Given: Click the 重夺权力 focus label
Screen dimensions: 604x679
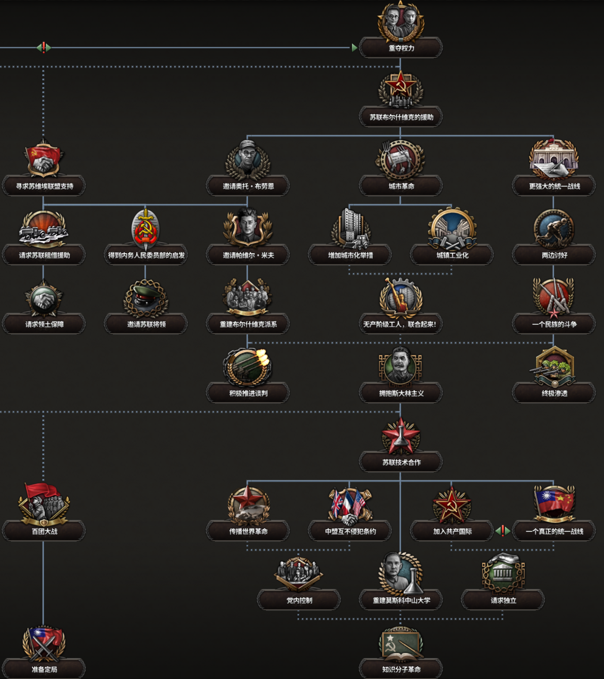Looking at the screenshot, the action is pyautogui.click(x=401, y=48).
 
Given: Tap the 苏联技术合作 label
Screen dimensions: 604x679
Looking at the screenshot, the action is pyautogui.click(x=401, y=462).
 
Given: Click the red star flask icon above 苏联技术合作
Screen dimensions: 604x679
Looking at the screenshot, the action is pyautogui.click(x=400, y=435).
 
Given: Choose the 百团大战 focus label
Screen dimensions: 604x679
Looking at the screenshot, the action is pyautogui.click(x=44, y=531).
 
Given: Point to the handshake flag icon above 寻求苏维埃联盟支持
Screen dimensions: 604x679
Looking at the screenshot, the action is pyautogui.click(x=44, y=158).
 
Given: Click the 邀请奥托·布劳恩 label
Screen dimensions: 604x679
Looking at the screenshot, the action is pyautogui.click(x=248, y=186).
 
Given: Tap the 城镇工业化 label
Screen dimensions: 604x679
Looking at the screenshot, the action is pyautogui.click(x=452, y=255).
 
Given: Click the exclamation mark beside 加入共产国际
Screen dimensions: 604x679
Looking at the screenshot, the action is pyautogui.click(x=503, y=531).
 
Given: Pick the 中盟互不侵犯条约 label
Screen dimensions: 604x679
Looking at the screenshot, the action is pyautogui.click(x=350, y=531).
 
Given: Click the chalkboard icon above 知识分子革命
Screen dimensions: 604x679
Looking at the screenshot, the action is pyautogui.click(x=400, y=644).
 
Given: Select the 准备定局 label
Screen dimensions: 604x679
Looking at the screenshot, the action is pyautogui.click(x=44, y=669).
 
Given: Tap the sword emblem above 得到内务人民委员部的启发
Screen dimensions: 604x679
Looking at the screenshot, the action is pyautogui.click(x=146, y=228).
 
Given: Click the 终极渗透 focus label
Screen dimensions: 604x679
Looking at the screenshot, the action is pyautogui.click(x=554, y=393).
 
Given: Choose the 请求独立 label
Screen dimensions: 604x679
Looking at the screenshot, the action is pyautogui.click(x=503, y=600).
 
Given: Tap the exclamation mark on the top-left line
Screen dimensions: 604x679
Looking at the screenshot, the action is pyautogui.click(x=44, y=47).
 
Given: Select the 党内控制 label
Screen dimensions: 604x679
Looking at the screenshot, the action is pyautogui.click(x=299, y=600).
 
